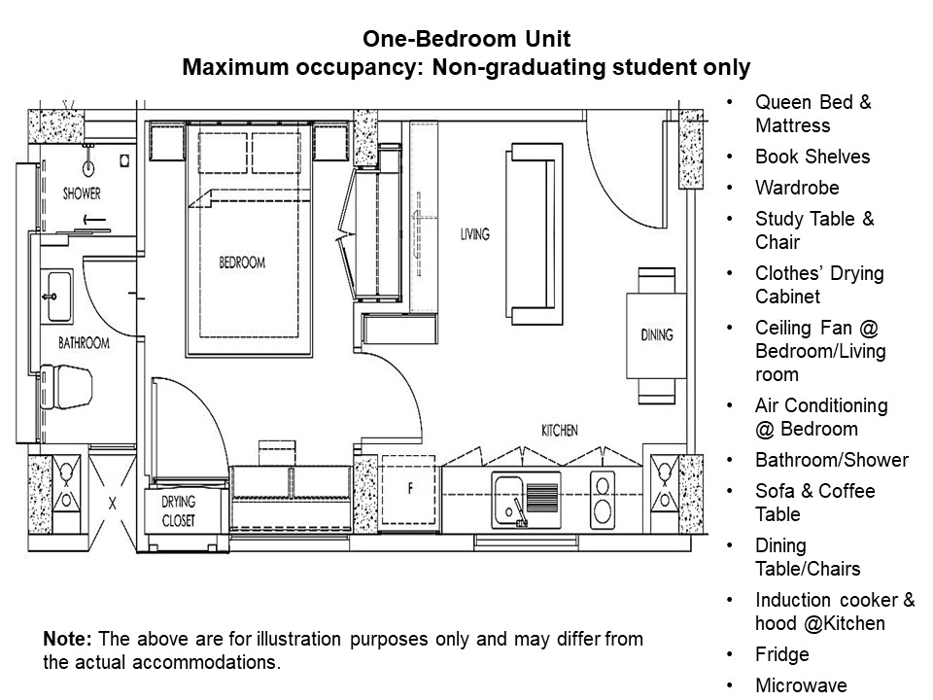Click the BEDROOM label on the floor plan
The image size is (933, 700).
242,262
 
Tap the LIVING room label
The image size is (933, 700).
475,234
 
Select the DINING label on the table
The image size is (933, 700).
657,335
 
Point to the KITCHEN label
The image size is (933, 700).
560,431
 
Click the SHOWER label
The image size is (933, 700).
82,193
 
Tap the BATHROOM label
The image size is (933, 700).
84,343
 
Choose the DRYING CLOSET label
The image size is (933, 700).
179,511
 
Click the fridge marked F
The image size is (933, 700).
409,490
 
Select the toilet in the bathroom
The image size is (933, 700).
66,387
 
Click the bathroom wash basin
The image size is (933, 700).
56,297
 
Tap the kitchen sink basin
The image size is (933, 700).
507,501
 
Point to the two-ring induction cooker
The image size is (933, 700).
603,500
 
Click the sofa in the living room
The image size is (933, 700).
534,233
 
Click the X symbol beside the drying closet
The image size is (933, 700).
113,504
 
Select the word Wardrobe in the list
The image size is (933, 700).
797,188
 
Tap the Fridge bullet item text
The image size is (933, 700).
781,654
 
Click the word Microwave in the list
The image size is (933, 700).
801,685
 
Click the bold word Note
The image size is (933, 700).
67,639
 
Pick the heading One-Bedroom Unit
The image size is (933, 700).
466,39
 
